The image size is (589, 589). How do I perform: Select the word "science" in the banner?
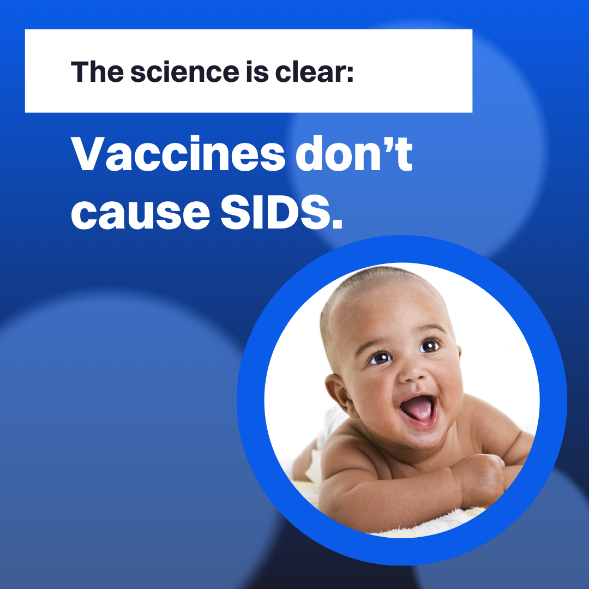pos(184,71)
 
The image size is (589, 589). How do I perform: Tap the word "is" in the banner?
pos(257,71)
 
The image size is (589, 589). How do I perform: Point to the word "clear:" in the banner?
pos(315,72)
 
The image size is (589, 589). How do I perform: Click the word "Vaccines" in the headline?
pos(178,153)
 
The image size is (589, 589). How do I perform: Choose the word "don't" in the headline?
pos(354,153)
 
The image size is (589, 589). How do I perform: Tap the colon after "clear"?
pos(350,74)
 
